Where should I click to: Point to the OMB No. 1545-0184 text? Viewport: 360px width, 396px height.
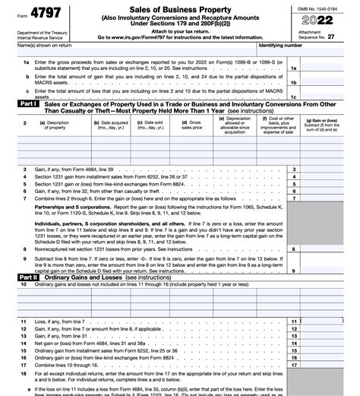coord(321,8)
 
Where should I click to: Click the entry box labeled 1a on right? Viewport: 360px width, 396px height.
coord(293,69)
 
